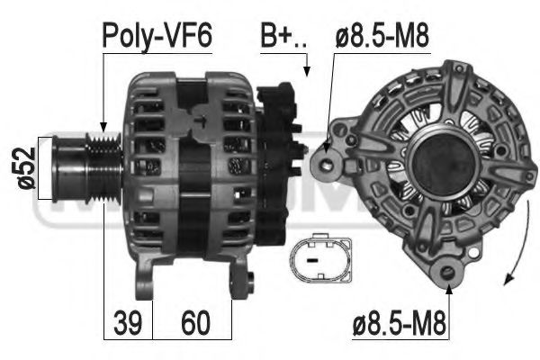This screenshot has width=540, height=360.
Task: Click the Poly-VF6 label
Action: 157,36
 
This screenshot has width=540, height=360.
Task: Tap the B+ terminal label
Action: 283,36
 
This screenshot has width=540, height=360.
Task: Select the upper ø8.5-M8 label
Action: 382,36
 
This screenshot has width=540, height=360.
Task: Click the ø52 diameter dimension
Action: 26,167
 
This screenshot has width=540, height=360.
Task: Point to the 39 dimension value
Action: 128,322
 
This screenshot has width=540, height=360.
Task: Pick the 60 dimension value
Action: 195,322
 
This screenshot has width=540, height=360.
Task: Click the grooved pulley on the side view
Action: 103,167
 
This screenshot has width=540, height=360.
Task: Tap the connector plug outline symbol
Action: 321,258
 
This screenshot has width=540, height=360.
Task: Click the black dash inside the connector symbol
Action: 311,260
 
